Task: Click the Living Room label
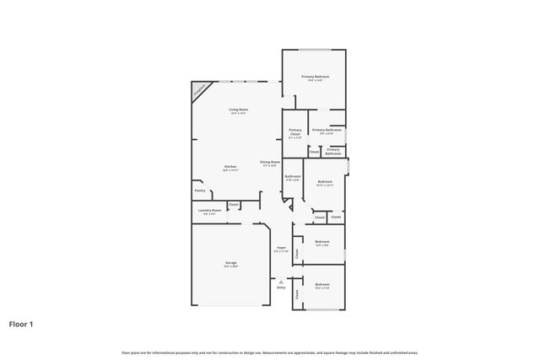[238, 110]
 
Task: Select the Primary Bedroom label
[316, 77]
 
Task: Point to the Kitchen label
[229, 166]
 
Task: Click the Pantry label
[200, 191]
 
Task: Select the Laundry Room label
[209, 211]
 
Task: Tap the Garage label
[230, 263]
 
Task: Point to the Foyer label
[281, 248]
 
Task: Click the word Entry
[281, 287]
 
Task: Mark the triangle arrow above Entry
[281, 281]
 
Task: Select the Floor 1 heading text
[21, 323]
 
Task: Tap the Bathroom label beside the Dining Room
[293, 176]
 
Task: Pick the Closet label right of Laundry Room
[234, 205]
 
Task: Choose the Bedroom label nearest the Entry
[322, 285]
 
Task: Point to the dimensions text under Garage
[230, 267]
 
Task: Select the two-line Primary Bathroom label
[333, 152]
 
